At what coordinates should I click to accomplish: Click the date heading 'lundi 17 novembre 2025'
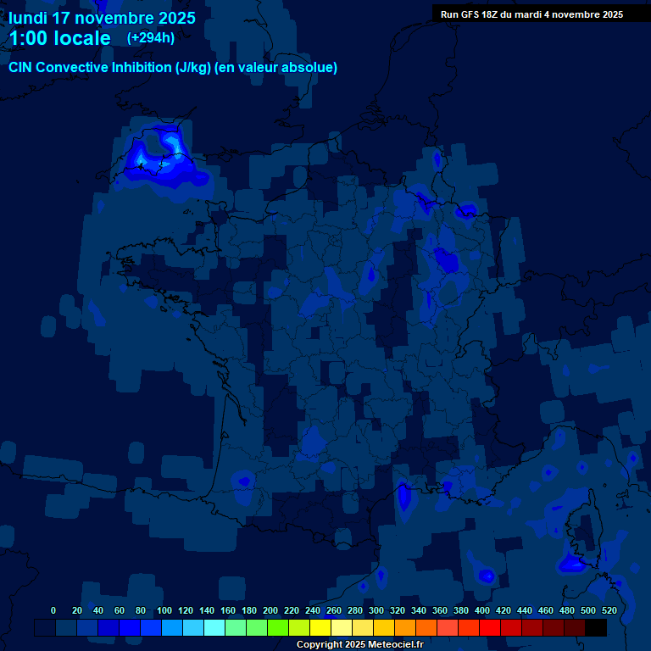[102, 18]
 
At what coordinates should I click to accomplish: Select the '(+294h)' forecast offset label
[151, 37]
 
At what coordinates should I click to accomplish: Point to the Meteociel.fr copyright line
[359, 644]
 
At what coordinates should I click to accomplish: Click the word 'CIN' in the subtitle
[23, 68]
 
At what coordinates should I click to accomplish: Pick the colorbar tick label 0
[53, 610]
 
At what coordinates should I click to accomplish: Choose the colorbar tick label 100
[164, 610]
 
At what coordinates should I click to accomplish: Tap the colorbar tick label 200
[270, 610]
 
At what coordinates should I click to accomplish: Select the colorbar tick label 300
[376, 610]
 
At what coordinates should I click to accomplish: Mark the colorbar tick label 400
[482, 610]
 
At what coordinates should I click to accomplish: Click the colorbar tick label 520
[609, 610]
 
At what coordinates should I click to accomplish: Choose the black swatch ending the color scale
[596, 627]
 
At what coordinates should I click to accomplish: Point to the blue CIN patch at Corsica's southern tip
[569, 563]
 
